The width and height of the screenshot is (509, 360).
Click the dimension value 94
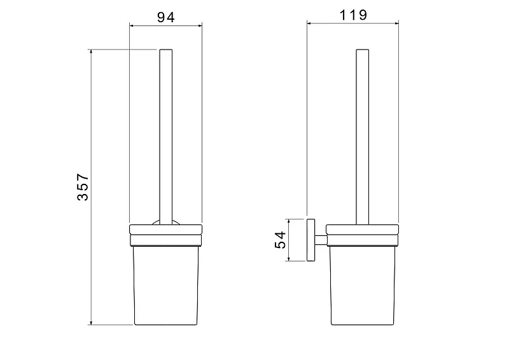(x=166, y=17)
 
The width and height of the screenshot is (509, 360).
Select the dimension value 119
(x=353, y=15)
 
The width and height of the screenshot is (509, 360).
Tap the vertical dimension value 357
(x=83, y=187)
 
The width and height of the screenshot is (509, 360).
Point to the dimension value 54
(x=280, y=240)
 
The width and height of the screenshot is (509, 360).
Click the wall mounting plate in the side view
(x=310, y=240)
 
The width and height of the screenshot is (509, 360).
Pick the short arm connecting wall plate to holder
(x=321, y=240)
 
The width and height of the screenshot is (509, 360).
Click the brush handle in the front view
(x=166, y=137)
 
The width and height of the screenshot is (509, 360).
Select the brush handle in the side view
(x=362, y=137)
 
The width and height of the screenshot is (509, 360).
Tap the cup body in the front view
(x=166, y=286)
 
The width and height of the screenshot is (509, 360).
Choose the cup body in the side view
(x=362, y=286)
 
